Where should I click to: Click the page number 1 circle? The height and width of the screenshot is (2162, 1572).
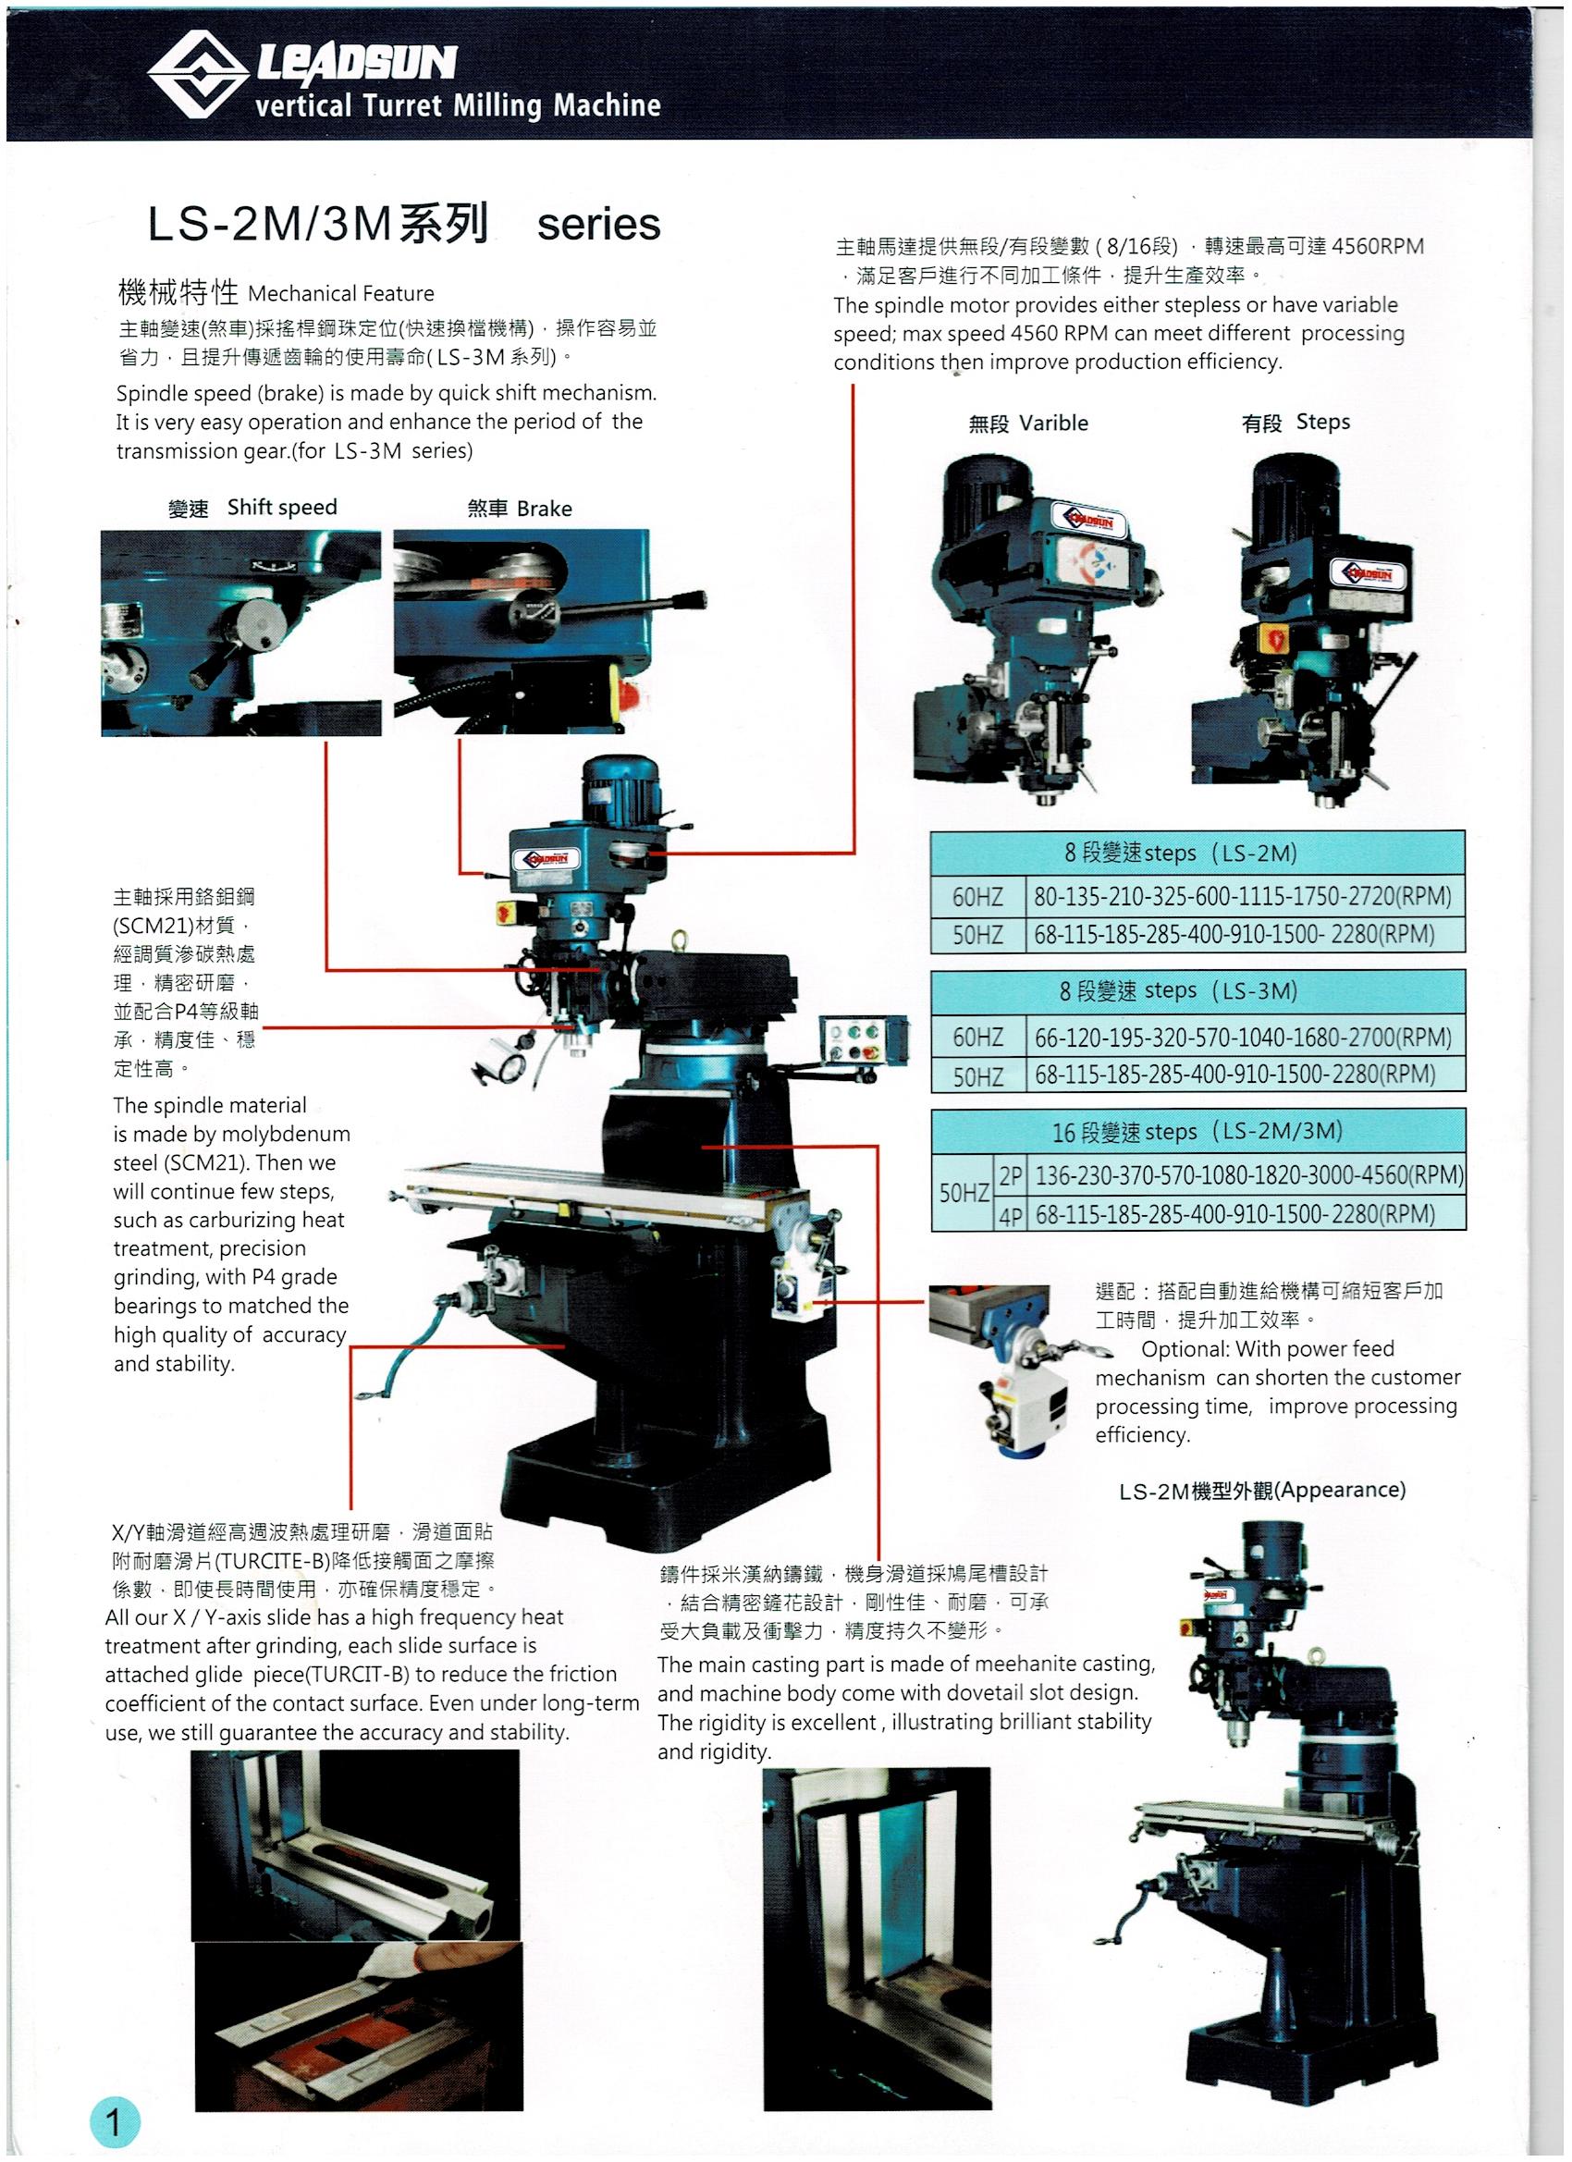point(115,2122)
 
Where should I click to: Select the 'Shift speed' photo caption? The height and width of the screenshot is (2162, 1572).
point(281,507)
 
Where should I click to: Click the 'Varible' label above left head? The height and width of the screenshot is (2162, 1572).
point(1052,424)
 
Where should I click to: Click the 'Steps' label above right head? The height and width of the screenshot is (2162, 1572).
point(1322,423)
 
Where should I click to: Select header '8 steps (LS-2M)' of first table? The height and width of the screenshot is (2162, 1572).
point(1197,853)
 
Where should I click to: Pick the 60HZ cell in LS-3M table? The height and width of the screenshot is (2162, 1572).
point(978,1037)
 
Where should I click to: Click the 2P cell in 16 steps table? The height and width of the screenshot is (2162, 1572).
point(1011,1176)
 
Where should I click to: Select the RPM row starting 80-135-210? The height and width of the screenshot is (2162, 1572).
point(1242,896)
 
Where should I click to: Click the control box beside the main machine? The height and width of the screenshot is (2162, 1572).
point(865,1041)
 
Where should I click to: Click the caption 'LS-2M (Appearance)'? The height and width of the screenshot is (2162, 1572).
point(1261,1490)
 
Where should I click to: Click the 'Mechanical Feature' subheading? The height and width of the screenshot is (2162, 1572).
point(340,294)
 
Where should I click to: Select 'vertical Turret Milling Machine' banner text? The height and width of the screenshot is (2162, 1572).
point(458,104)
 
